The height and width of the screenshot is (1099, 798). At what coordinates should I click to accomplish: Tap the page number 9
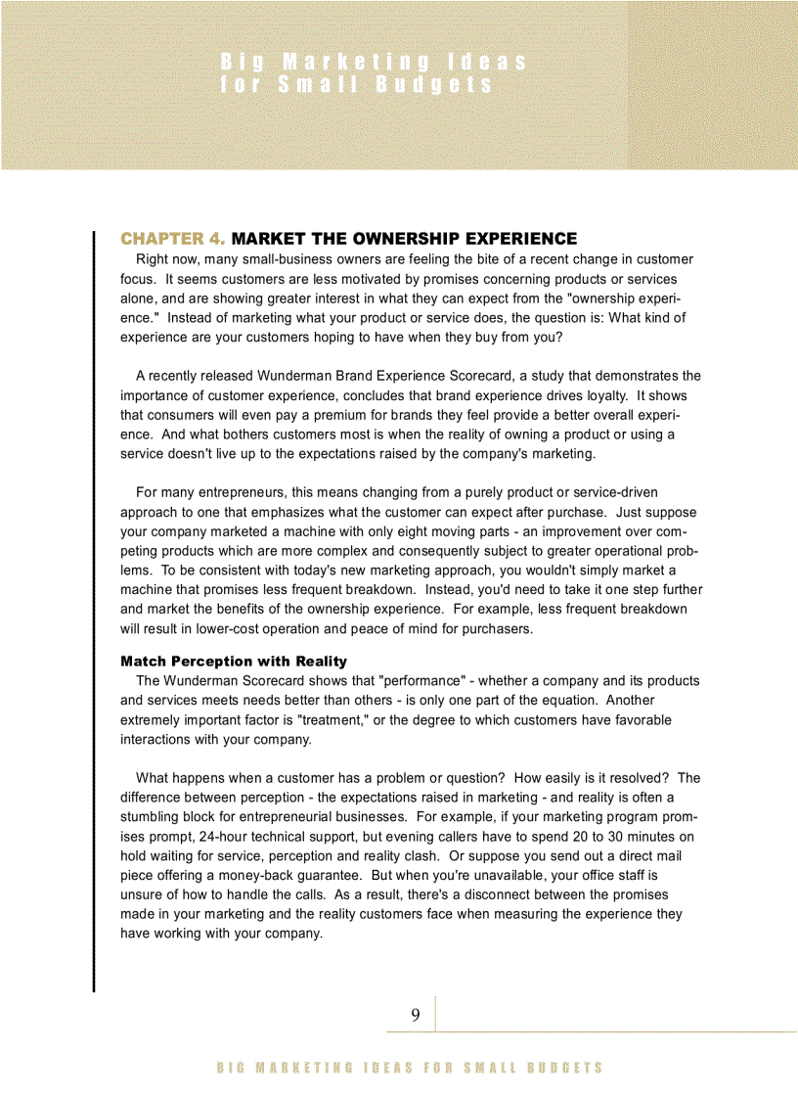tap(416, 1016)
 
